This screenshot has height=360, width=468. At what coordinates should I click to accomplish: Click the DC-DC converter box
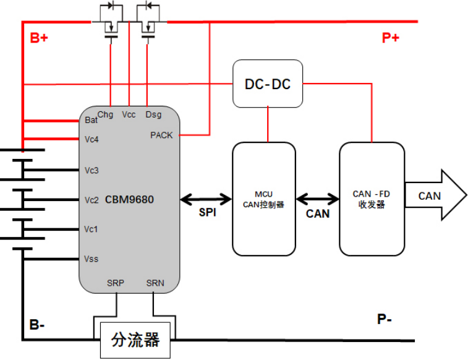(x=267, y=84)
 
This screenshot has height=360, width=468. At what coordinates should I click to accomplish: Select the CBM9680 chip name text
(x=129, y=200)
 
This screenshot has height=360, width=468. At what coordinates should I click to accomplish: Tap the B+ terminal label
(x=40, y=38)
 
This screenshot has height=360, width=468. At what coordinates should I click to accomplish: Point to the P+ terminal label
(x=391, y=38)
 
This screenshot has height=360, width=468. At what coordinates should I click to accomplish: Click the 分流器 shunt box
(x=135, y=340)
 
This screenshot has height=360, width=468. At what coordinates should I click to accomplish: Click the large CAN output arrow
(x=435, y=196)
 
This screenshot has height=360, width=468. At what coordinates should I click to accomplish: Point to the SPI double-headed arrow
(x=206, y=200)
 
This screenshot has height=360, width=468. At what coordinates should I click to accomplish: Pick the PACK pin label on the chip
(x=161, y=135)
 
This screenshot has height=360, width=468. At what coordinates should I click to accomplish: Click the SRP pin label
(x=116, y=283)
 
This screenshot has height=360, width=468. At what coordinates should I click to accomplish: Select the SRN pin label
(x=155, y=283)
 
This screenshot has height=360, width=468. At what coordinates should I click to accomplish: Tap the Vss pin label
(x=91, y=259)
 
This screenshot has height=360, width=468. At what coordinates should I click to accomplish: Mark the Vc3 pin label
(x=91, y=170)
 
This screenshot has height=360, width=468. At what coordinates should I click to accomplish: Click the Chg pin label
(x=106, y=114)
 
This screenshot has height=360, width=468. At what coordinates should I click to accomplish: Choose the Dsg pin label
(x=153, y=114)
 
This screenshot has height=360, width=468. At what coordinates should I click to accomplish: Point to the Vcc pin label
(x=129, y=114)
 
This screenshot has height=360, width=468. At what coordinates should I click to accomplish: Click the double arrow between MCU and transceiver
(x=318, y=199)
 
